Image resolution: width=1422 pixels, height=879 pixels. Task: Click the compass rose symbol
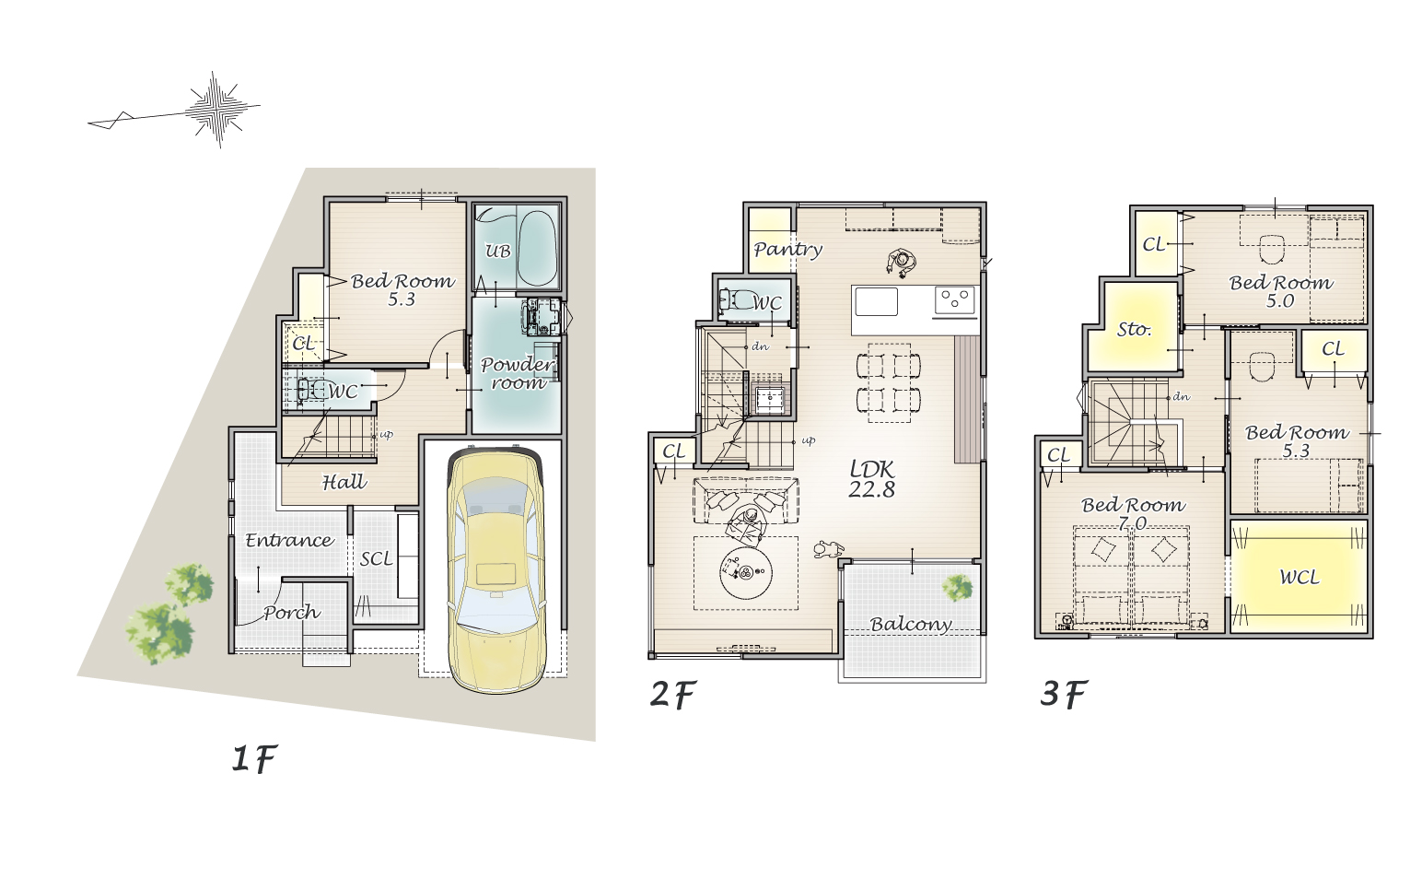tap(219, 110)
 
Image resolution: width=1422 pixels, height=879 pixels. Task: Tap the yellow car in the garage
tap(495, 570)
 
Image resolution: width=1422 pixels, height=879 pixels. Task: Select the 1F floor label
tap(254, 758)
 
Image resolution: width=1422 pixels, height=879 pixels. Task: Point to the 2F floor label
tap(673, 694)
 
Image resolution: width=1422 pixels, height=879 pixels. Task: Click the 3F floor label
tap(1064, 694)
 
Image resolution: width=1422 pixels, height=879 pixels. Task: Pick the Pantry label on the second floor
tap(787, 250)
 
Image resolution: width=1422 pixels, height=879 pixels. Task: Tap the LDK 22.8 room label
tap(872, 479)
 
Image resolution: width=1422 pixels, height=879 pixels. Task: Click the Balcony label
tap(911, 625)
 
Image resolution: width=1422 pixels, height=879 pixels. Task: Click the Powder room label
tap(518, 373)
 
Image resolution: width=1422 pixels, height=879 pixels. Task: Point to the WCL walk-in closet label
tap(1300, 578)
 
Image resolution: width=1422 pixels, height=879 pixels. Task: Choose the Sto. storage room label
tap(1134, 329)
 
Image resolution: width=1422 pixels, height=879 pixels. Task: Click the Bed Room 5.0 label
tap(1281, 291)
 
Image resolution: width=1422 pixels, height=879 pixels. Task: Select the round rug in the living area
tap(747, 572)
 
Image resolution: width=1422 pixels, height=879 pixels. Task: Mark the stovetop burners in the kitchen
tap(955, 299)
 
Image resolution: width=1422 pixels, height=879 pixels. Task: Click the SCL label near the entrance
tap(377, 559)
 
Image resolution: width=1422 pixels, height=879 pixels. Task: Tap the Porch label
tap(292, 612)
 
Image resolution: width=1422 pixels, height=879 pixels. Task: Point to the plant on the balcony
tap(957, 588)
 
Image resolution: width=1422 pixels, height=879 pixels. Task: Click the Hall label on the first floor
tap(344, 483)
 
